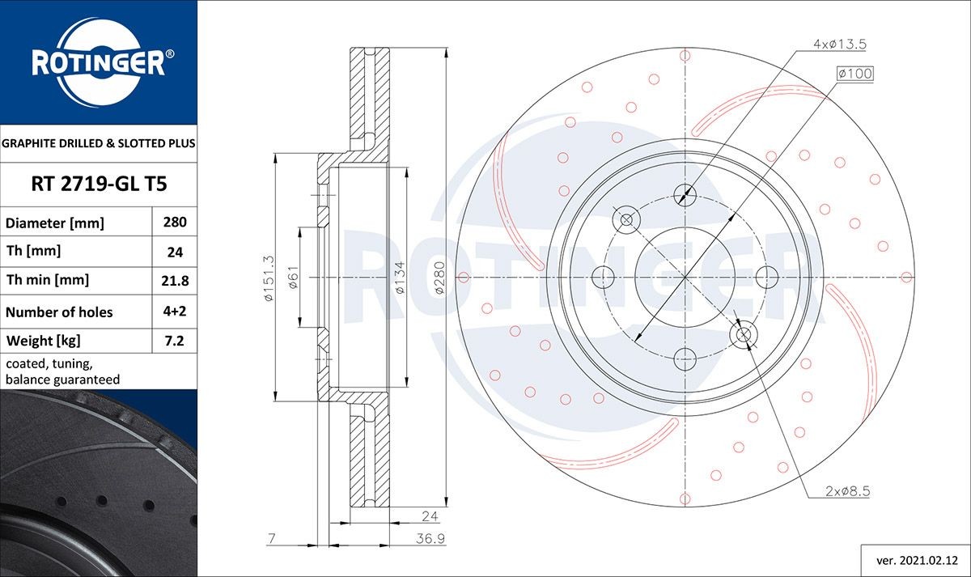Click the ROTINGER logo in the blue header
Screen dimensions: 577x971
tap(99, 62)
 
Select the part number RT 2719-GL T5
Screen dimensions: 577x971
tap(99, 185)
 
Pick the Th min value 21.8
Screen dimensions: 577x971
tap(175, 281)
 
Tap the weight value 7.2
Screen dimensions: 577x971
tap(175, 341)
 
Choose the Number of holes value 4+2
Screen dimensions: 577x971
tap(175, 312)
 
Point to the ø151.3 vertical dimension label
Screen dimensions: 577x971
tap(270, 278)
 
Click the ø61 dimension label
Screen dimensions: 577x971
tap(295, 278)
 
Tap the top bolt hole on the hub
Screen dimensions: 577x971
tap(685, 194)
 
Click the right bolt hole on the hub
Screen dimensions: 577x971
tap(767, 277)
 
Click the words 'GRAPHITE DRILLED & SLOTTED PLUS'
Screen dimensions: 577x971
tap(99, 144)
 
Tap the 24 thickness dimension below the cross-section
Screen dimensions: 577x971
tap(430, 515)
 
